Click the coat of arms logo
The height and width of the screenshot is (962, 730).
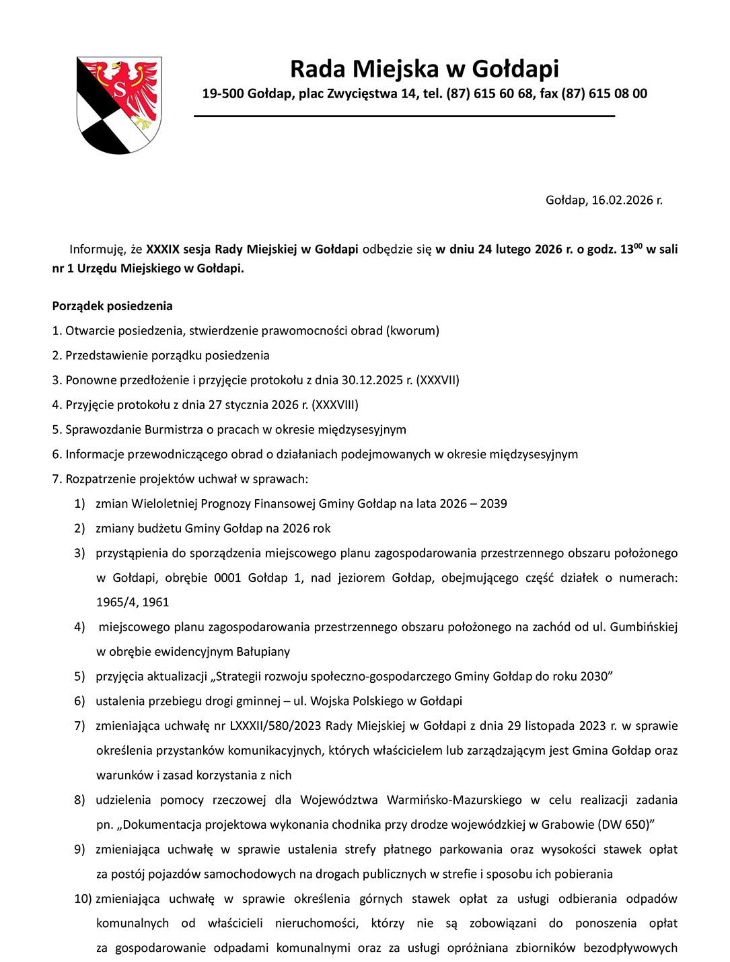click(119, 105)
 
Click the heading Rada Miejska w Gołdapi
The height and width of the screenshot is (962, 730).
click(424, 69)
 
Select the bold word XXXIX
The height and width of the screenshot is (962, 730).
click(163, 249)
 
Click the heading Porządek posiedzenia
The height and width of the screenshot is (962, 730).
click(112, 306)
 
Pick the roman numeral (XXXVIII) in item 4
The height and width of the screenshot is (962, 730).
click(335, 405)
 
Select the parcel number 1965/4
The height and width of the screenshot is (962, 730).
click(116, 602)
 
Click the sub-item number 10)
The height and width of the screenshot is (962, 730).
click(83, 899)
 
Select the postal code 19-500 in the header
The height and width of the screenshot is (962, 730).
click(223, 94)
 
